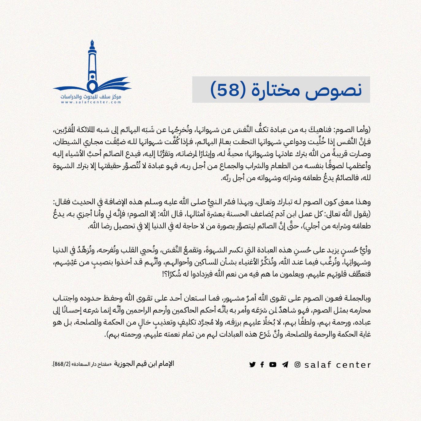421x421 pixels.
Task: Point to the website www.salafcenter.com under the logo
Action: (91, 102)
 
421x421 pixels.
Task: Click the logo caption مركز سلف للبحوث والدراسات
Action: (91, 97)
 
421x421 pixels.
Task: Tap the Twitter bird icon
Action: (252, 365)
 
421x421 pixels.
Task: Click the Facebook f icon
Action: (262, 365)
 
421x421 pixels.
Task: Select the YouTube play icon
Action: (273, 365)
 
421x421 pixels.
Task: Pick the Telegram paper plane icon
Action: (285, 365)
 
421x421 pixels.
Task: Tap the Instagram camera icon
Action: (297, 365)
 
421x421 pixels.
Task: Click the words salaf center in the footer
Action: (338, 365)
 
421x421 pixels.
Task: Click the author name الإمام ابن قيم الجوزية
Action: (144, 364)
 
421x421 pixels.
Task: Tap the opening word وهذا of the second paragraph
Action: (363, 202)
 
